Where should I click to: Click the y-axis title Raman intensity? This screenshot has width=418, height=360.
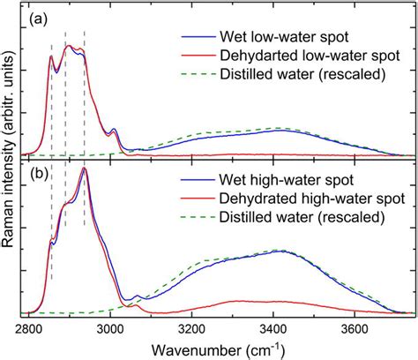tap(11, 162)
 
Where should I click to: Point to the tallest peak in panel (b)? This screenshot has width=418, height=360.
tap(84, 169)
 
